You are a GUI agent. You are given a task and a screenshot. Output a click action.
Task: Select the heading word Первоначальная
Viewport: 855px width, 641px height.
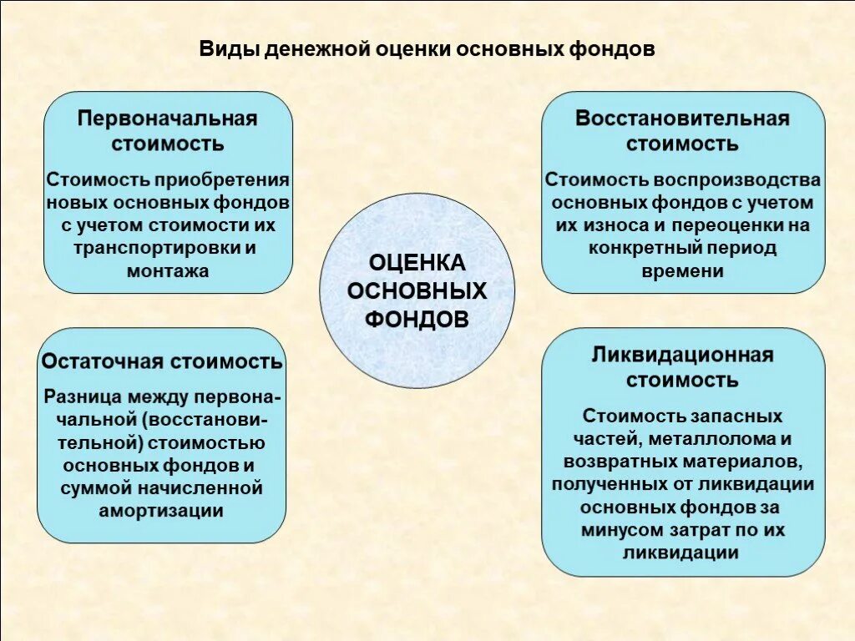[x=168, y=119]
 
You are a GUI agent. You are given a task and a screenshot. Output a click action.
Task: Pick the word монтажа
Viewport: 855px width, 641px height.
[x=168, y=270]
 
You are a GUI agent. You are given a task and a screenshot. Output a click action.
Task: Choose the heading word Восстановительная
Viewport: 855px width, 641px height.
[x=682, y=119]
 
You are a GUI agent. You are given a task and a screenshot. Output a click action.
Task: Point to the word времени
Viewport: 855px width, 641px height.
[x=683, y=270]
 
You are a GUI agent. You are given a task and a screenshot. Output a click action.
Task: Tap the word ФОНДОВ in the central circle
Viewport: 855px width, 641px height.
[x=417, y=319]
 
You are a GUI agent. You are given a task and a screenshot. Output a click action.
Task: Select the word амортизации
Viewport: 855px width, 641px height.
[x=161, y=510]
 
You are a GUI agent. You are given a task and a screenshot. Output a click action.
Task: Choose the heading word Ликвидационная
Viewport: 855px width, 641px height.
[x=682, y=355]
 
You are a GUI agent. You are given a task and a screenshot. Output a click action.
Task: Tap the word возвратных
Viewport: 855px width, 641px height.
[x=610, y=461]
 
